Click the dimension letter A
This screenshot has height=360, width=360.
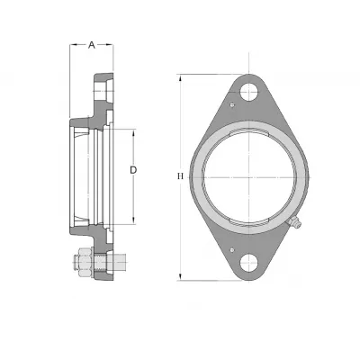pyautogui.click(x=92, y=45)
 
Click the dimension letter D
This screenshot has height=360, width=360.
pyautogui.click(x=133, y=170)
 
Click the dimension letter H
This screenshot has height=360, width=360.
pyautogui.click(x=180, y=176)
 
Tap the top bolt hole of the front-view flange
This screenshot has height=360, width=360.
pyautogui.click(x=249, y=91)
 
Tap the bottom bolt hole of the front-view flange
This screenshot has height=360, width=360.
pyautogui.click(x=249, y=263)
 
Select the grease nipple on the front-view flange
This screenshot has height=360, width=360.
pyautogui.click(x=294, y=222)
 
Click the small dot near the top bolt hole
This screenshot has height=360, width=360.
pyautogui.click(x=231, y=104)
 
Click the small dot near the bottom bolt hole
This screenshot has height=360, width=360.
pyautogui.click(x=231, y=249)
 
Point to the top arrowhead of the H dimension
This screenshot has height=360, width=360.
pyautogui.click(x=180, y=78)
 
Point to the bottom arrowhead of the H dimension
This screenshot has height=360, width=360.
pyautogui.click(x=180, y=277)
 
